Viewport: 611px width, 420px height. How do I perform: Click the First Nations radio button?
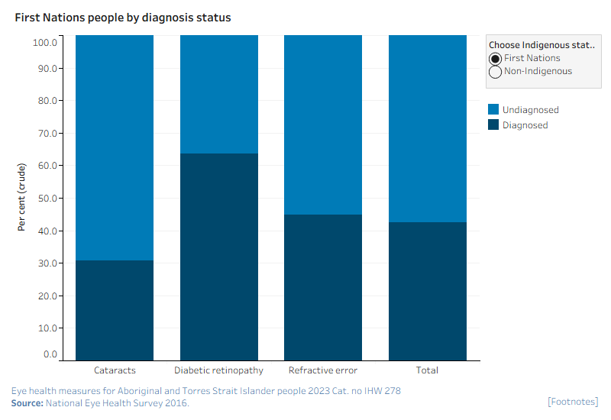click(495, 59)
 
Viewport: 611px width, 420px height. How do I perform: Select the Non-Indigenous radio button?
click(495, 72)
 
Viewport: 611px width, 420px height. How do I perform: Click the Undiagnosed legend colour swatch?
click(493, 109)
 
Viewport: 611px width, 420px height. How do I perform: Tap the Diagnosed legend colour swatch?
click(493, 124)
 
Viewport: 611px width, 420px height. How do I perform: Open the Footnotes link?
click(573, 402)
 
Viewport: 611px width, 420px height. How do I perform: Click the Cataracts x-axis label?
click(115, 370)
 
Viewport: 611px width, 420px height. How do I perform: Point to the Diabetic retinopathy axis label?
click(218, 370)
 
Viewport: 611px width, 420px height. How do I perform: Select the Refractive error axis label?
click(322, 370)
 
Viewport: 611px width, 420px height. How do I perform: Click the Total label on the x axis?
click(427, 370)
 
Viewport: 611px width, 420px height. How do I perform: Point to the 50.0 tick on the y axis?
click(47, 199)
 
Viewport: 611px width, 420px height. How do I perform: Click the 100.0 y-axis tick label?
click(45, 43)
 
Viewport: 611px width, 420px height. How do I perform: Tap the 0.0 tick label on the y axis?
click(50, 354)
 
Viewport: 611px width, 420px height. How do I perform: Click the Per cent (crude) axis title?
click(21, 197)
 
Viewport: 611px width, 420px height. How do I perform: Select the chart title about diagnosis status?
click(123, 18)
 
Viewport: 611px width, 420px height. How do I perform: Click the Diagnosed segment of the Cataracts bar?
click(115, 311)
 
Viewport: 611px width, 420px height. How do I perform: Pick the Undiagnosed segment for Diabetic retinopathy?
click(219, 94)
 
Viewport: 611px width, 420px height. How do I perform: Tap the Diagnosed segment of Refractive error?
click(323, 288)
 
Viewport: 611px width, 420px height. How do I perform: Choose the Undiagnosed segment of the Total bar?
click(428, 128)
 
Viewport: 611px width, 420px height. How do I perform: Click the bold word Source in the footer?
click(27, 403)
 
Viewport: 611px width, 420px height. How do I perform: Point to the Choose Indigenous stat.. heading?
click(541, 45)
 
